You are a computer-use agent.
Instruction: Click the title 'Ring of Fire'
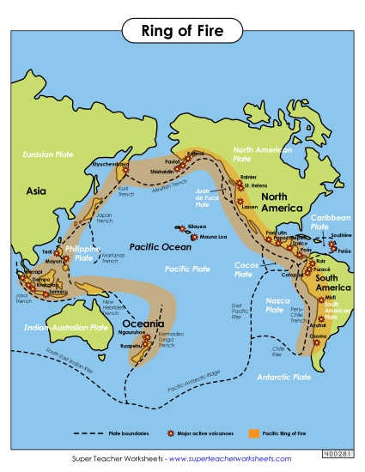click(x=182, y=32)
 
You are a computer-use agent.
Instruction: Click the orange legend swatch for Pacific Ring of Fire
click(x=253, y=435)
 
